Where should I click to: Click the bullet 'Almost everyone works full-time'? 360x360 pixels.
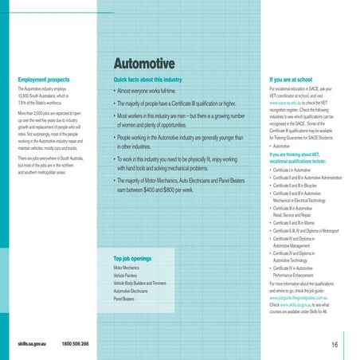coord(150,92)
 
